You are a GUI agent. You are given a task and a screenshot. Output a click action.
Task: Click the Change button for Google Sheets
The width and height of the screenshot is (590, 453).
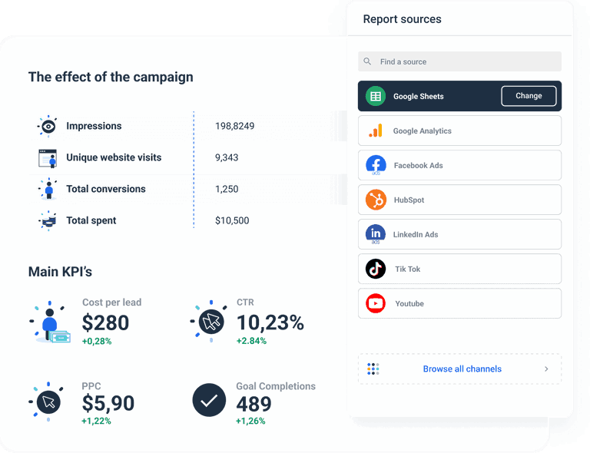[529, 96]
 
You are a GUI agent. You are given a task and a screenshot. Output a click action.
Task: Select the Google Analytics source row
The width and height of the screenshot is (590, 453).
[459, 131]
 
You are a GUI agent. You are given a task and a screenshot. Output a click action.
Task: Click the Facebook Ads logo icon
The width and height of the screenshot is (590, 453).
[376, 165]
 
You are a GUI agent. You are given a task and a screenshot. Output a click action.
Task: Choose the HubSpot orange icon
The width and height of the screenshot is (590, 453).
[376, 200]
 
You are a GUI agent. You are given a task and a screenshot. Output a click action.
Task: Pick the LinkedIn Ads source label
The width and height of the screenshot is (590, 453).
[416, 234]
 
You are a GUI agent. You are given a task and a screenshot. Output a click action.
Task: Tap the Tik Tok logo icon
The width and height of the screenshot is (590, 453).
[376, 269]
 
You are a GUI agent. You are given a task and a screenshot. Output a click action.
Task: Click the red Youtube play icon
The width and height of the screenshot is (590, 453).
[376, 303]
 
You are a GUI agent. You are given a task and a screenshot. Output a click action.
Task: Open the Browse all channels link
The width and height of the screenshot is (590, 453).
[462, 369]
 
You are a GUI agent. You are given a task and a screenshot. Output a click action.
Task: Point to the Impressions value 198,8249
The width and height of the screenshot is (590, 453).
[234, 126]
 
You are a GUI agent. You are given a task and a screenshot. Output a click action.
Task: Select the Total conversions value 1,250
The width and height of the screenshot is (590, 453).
[227, 189]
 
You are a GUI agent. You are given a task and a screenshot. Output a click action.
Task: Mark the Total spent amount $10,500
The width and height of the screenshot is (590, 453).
[232, 220]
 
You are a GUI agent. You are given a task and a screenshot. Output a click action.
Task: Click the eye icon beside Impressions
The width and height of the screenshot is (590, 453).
[48, 126]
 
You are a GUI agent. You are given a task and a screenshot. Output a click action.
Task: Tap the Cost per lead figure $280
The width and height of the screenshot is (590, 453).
[105, 322]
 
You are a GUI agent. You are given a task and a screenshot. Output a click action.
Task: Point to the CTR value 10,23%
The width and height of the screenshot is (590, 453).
[270, 322]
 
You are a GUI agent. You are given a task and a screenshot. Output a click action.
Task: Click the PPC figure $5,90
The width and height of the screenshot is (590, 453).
[108, 402]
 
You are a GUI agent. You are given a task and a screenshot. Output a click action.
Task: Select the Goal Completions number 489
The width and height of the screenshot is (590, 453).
[254, 403]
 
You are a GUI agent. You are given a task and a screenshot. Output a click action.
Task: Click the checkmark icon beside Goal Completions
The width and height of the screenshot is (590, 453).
[209, 400]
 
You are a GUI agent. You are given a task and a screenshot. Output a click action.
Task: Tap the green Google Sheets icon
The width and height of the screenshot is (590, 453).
[376, 96]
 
